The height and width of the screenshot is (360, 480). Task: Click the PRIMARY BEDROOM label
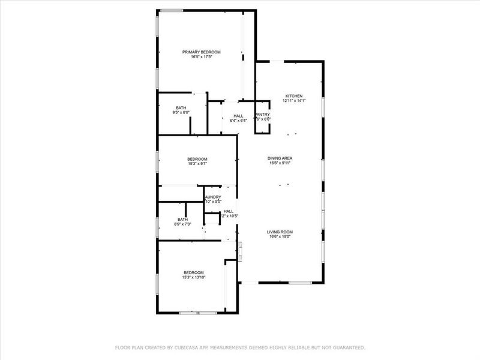(202, 52)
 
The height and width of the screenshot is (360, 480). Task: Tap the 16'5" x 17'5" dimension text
(202, 57)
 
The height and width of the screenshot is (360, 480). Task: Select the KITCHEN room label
(293, 96)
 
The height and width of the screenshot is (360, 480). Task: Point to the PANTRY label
(263, 114)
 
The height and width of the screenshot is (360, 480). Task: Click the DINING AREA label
(280, 158)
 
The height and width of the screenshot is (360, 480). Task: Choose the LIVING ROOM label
(280, 232)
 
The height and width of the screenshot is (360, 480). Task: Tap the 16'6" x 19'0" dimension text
(280, 236)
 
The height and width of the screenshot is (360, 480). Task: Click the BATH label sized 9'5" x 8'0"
(181, 107)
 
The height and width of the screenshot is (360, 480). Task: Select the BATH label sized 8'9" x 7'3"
(182, 219)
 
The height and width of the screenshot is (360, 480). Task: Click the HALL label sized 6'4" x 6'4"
(238, 116)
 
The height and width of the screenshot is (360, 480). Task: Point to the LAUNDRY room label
(213, 197)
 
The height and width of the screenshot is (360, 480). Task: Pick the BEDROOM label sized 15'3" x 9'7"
(196, 158)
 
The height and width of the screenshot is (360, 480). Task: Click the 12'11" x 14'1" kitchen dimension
(293, 101)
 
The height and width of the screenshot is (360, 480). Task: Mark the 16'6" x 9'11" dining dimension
(280, 163)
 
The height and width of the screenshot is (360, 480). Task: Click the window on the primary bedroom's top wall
(171, 10)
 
